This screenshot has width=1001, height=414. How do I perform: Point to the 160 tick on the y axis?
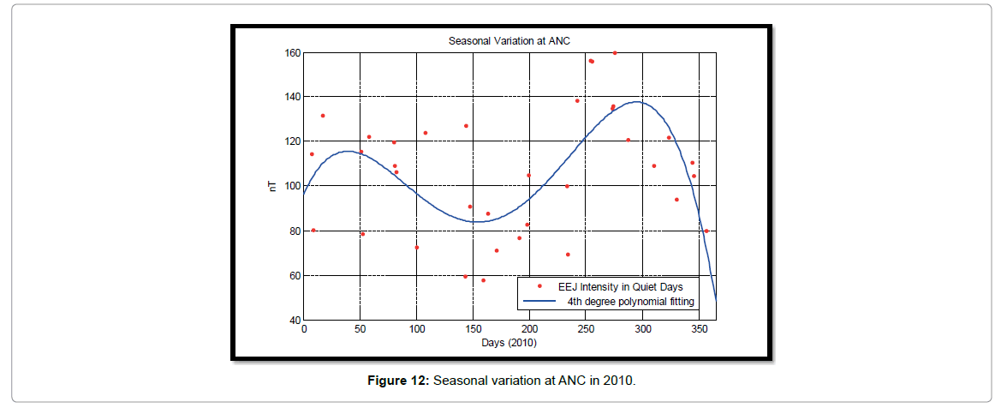292,52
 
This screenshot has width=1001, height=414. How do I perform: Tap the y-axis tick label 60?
295,276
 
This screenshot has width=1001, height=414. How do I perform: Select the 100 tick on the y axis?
292,186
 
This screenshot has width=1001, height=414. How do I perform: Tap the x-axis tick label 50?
360,330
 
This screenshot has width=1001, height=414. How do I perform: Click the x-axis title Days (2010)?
509,342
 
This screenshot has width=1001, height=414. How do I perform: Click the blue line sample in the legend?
540,302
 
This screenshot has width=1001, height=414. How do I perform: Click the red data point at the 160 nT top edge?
615,52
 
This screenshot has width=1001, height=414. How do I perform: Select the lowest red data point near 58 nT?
483,280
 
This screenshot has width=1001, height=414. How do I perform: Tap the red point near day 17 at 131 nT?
323,116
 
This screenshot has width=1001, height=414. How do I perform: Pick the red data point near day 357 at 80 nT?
706,231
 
